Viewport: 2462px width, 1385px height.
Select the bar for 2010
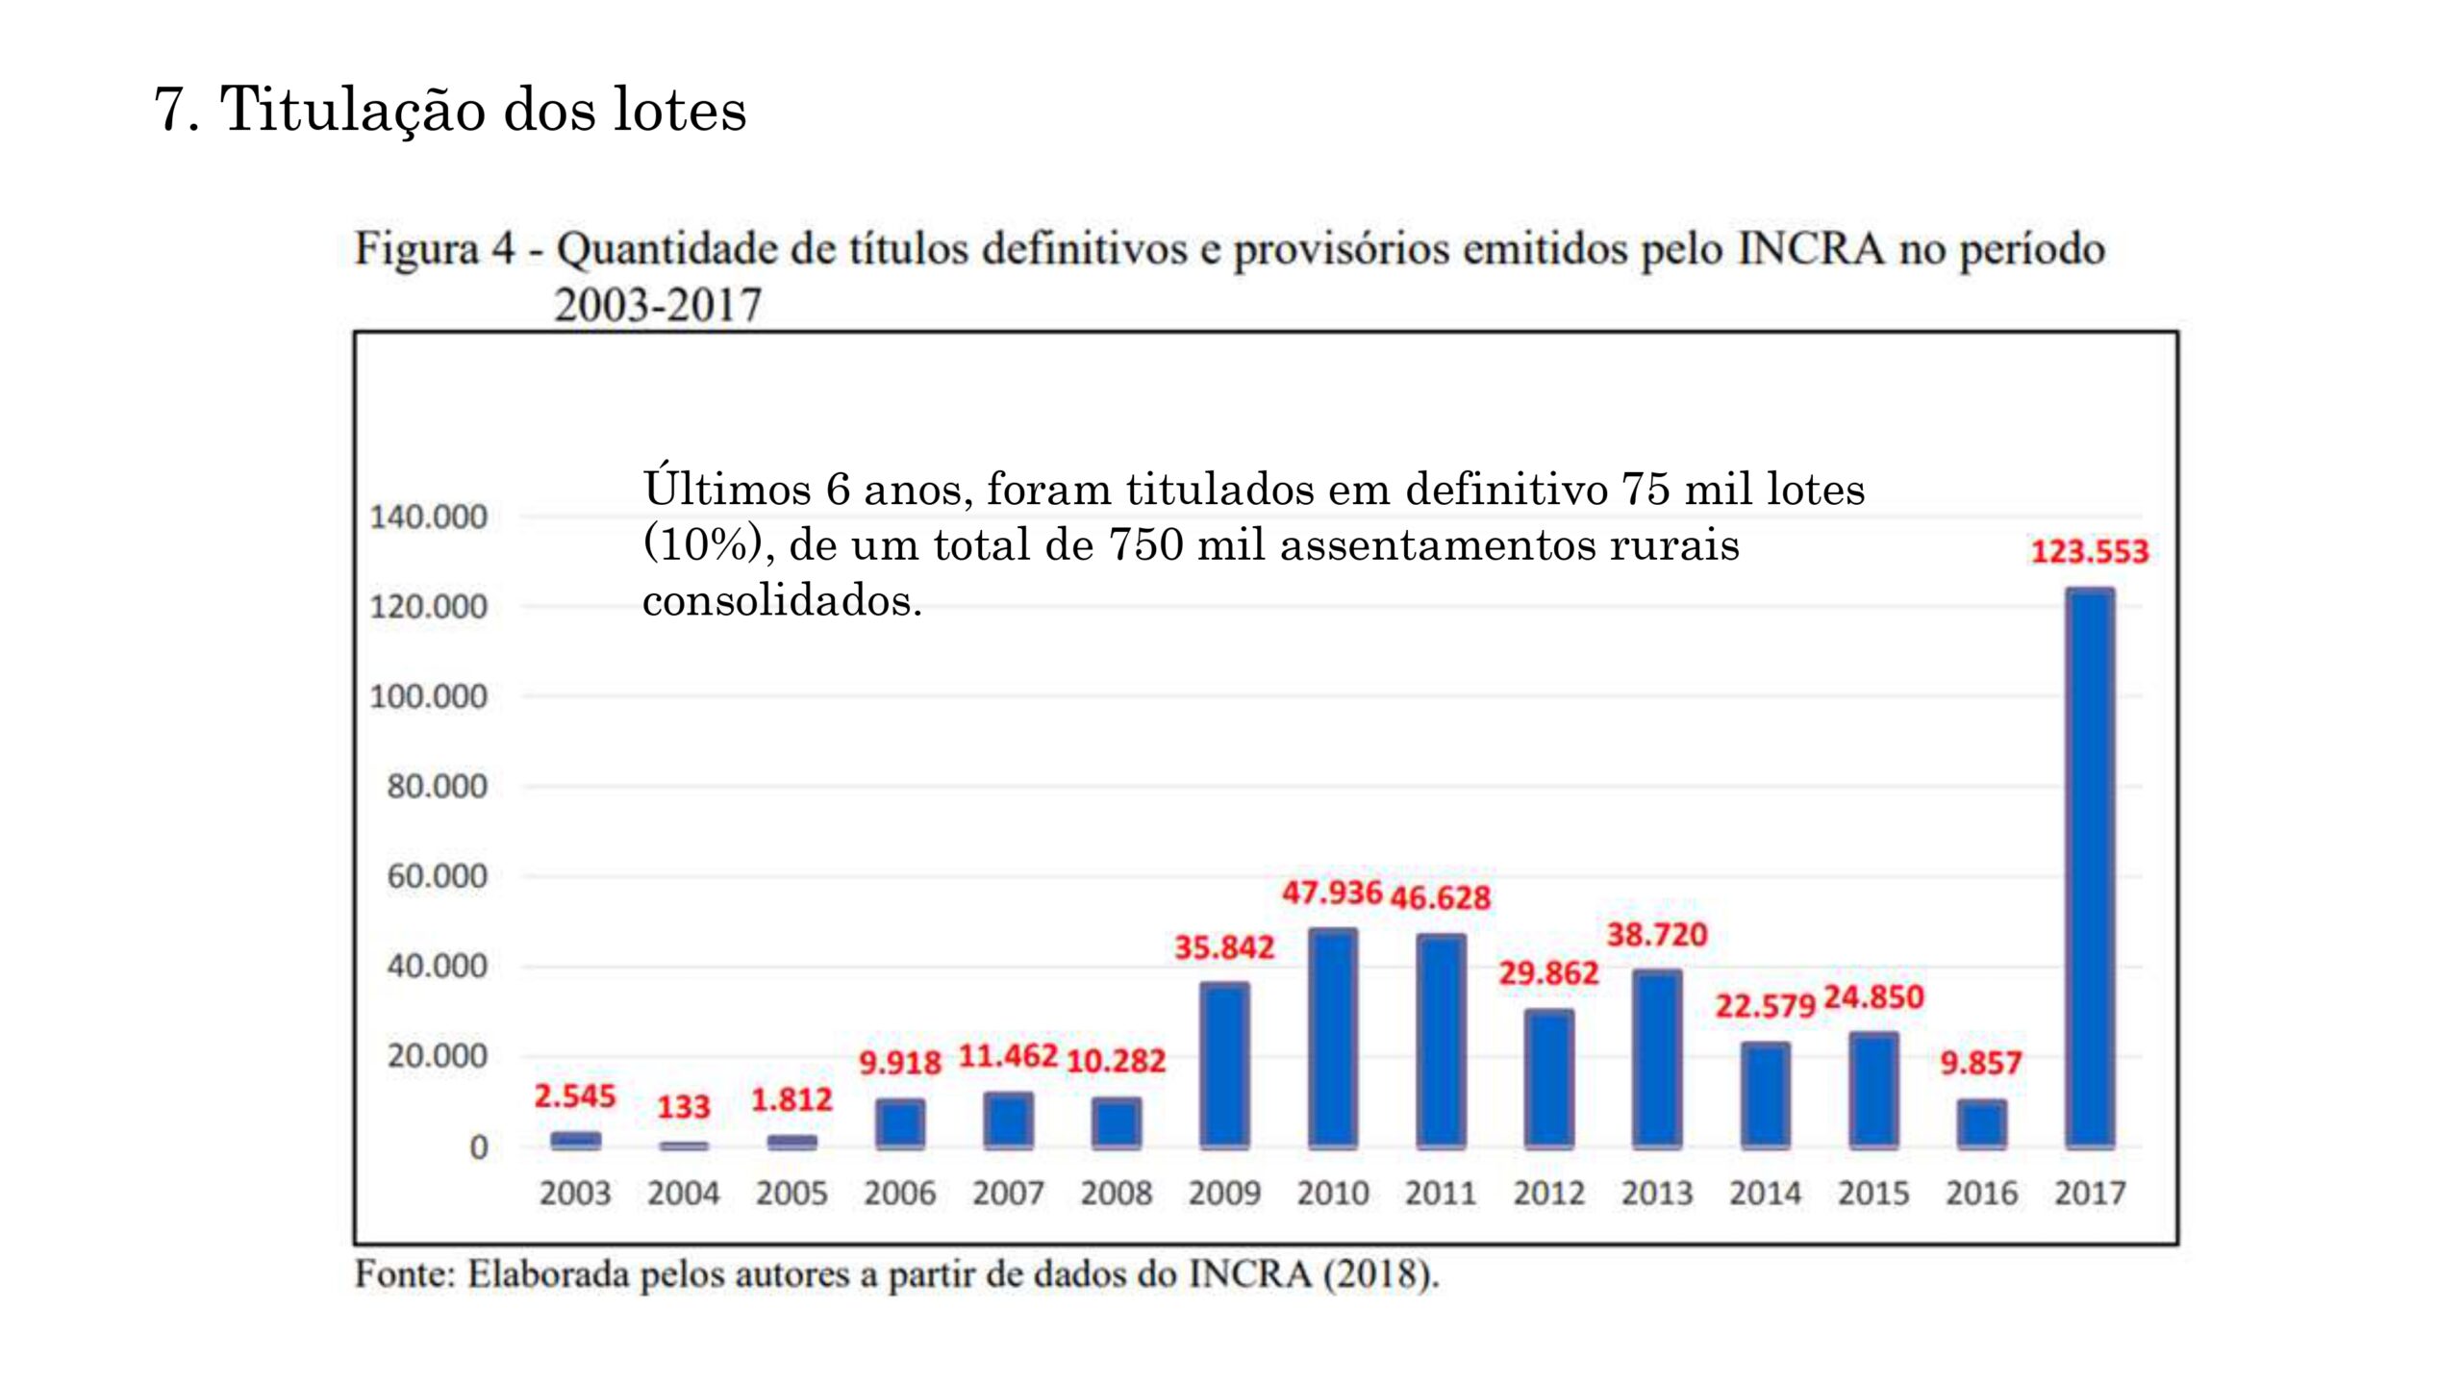[1333, 1039]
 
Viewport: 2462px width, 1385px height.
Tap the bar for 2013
[1657, 1059]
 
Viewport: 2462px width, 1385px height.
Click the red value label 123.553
[2089, 552]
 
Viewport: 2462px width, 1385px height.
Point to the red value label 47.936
[1332, 893]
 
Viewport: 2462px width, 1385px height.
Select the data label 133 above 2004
[683, 1107]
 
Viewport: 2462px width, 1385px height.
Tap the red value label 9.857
[1980, 1063]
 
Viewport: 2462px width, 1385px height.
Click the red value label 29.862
[1548, 973]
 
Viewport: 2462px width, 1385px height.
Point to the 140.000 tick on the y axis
[429, 517]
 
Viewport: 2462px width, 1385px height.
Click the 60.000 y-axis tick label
[438, 876]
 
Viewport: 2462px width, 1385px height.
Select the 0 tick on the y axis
[478, 1147]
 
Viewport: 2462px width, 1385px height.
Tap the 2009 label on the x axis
[1224, 1194]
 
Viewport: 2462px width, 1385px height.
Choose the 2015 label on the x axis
[1873, 1194]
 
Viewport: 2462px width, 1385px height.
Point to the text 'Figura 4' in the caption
[435, 249]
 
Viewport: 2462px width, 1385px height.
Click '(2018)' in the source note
[1381, 1274]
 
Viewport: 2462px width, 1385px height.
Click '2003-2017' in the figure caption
[658, 306]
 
